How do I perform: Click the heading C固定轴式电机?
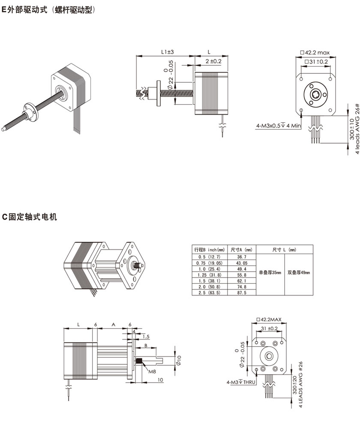tap(30, 217)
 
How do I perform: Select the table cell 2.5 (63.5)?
tap(208, 293)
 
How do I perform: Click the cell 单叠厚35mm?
tap(270, 272)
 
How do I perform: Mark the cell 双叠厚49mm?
tap(298, 272)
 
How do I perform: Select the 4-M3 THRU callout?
tap(241, 382)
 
